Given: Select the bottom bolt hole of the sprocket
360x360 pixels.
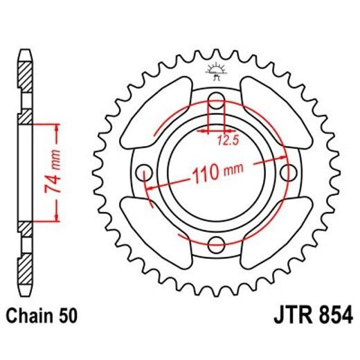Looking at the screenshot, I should [215, 244].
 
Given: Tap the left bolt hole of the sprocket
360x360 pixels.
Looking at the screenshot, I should [145, 173].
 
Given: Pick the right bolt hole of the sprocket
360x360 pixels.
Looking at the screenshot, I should [286, 173].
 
